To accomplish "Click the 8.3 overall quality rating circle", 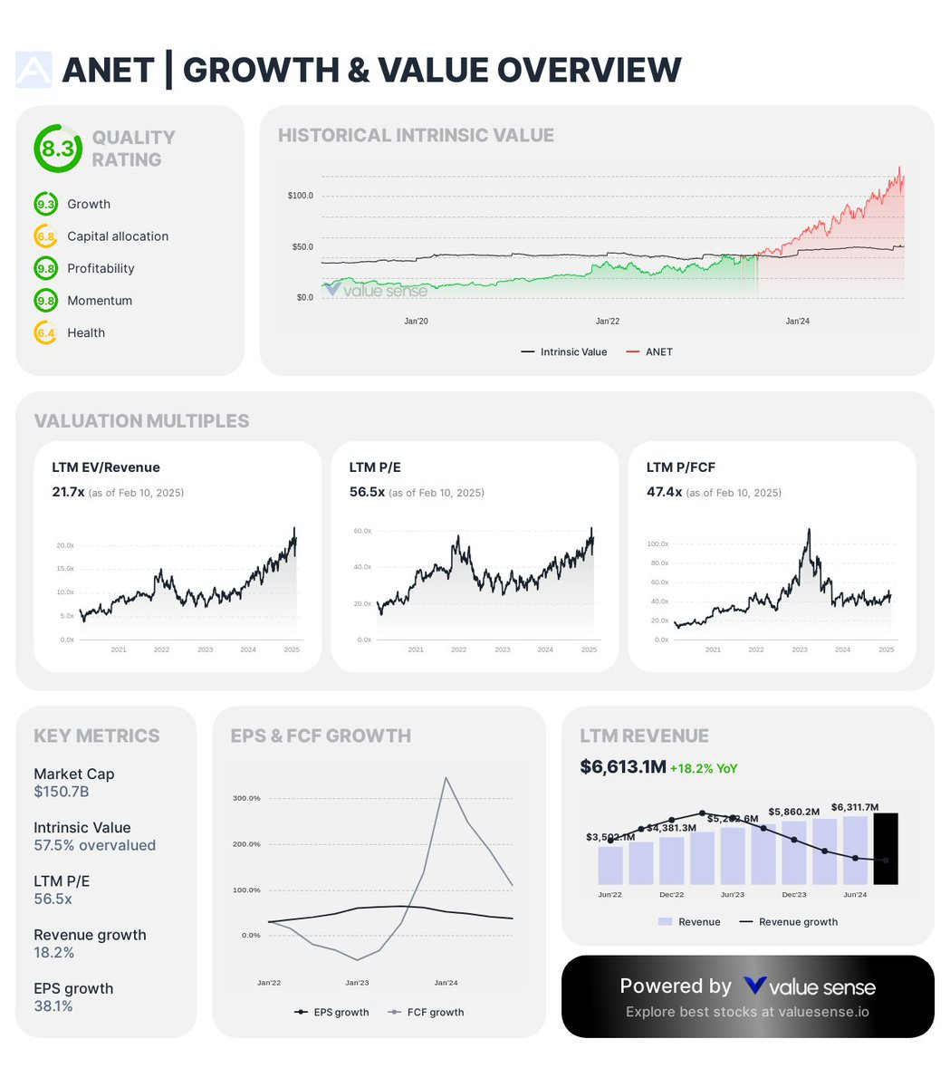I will tap(58, 149).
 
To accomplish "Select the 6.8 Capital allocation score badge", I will tap(45, 236).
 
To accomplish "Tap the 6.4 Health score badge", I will tap(45, 333).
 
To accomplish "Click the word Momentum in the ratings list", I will tap(100, 301).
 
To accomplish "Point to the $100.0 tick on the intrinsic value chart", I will tap(300, 196).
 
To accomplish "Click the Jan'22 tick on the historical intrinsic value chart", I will tap(608, 321).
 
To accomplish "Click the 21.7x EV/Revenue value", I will tap(68, 492).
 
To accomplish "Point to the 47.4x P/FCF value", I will tap(664, 492).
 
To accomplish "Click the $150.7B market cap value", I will tap(62, 792).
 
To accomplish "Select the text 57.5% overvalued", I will tap(94, 845).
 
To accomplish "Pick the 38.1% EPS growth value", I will tap(53, 1006).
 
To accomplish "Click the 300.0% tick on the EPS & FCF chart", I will tap(246, 798).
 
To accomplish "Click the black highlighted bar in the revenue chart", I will tap(885, 849).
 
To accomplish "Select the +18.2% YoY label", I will tap(704, 768).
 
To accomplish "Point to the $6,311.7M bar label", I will tap(855, 807).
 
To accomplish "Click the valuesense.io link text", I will tap(825, 1012).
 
